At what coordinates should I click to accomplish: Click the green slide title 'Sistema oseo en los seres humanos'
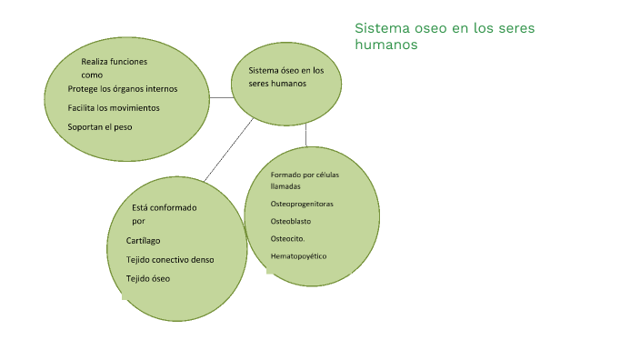(x=444, y=36)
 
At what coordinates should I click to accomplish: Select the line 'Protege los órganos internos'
(x=123, y=89)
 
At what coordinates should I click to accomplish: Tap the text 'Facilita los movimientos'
(x=114, y=108)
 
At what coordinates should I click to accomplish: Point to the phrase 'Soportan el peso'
(x=100, y=127)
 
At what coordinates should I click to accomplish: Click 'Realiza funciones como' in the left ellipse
(x=114, y=68)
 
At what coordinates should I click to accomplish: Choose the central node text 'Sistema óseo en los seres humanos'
(x=285, y=77)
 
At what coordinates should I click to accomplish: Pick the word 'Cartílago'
(x=144, y=241)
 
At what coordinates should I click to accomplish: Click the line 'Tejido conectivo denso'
(x=170, y=260)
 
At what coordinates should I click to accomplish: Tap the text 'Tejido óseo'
(x=148, y=278)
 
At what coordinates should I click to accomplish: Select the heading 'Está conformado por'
(x=164, y=214)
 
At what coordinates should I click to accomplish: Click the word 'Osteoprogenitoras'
(x=302, y=204)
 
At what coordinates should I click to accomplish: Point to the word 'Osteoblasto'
(x=292, y=221)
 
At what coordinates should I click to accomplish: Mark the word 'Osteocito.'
(x=290, y=238)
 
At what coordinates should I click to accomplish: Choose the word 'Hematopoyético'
(x=298, y=256)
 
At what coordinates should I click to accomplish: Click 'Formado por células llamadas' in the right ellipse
(x=305, y=179)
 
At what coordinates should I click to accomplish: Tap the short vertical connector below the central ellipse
(x=306, y=134)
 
